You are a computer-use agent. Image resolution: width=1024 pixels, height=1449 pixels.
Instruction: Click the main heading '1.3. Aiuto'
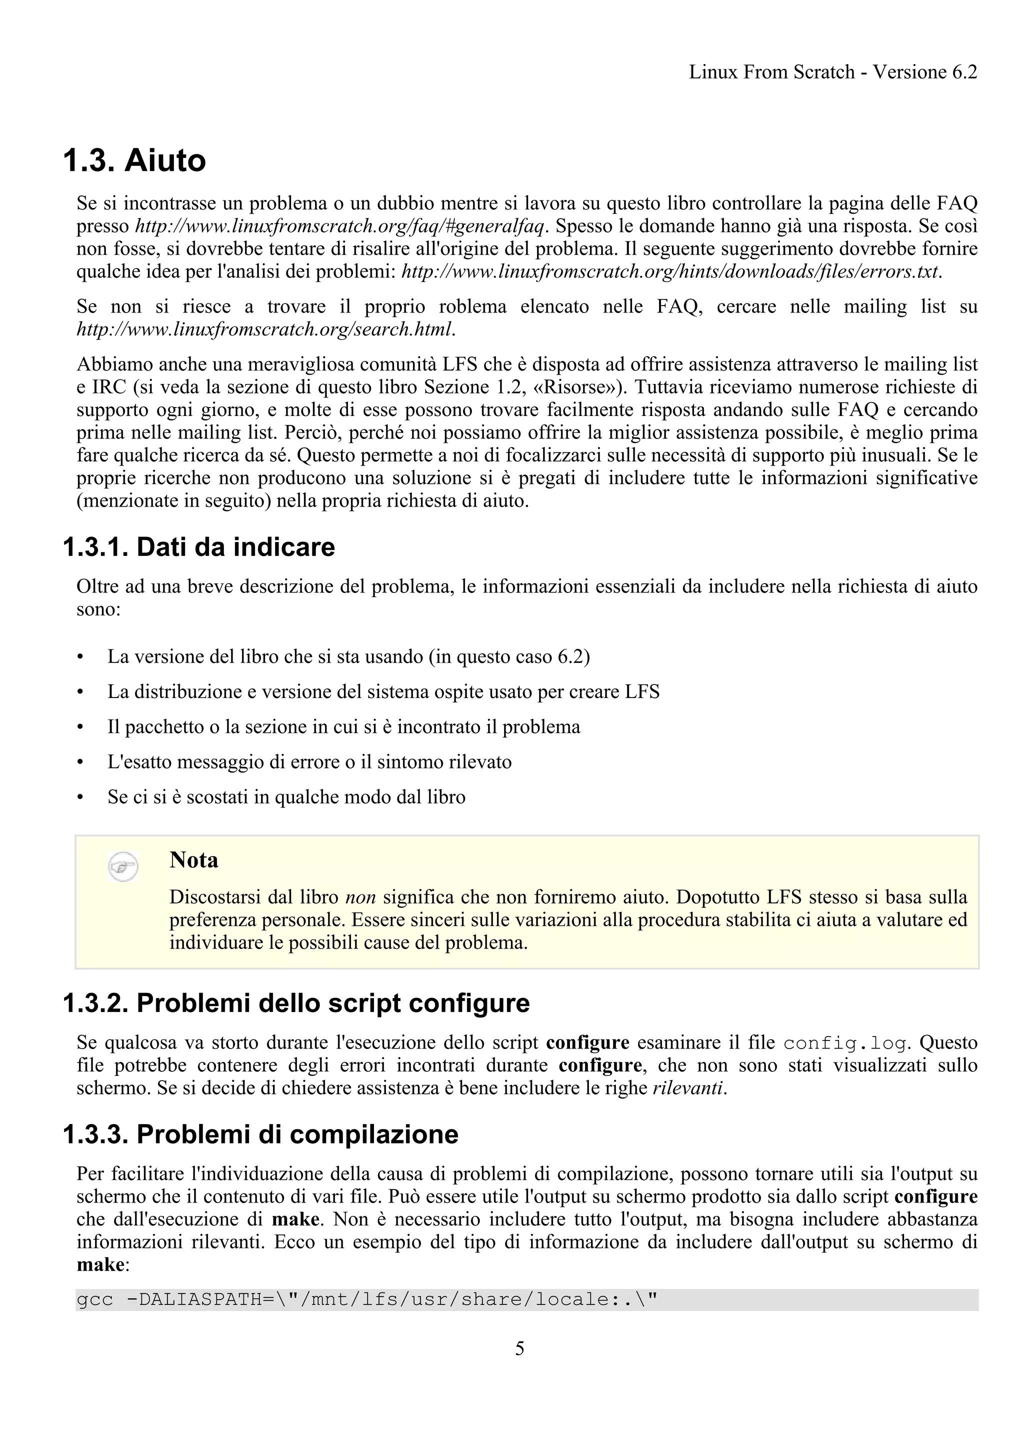pos(134,160)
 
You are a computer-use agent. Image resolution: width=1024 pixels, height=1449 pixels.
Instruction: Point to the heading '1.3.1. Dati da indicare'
pos(198,547)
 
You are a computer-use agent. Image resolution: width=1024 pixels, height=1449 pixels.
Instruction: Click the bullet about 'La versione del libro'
pos(348,656)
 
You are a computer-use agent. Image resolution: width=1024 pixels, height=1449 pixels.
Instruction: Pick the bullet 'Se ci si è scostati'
pos(286,797)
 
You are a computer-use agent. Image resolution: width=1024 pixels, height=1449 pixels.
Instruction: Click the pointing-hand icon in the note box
pos(123,866)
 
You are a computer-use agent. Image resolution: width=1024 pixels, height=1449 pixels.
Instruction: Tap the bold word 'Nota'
pos(193,860)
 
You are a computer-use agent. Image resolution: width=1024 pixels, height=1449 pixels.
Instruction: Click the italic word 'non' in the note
pos(361,897)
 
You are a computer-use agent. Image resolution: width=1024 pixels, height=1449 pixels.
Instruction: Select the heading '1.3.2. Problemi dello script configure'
pos(296,1003)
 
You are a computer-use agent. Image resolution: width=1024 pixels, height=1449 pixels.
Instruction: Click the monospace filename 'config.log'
pos(844,1043)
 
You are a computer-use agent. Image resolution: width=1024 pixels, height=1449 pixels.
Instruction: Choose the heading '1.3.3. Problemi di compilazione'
pos(260,1134)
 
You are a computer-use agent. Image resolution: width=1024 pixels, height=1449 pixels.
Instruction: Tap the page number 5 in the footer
pos(519,1348)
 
